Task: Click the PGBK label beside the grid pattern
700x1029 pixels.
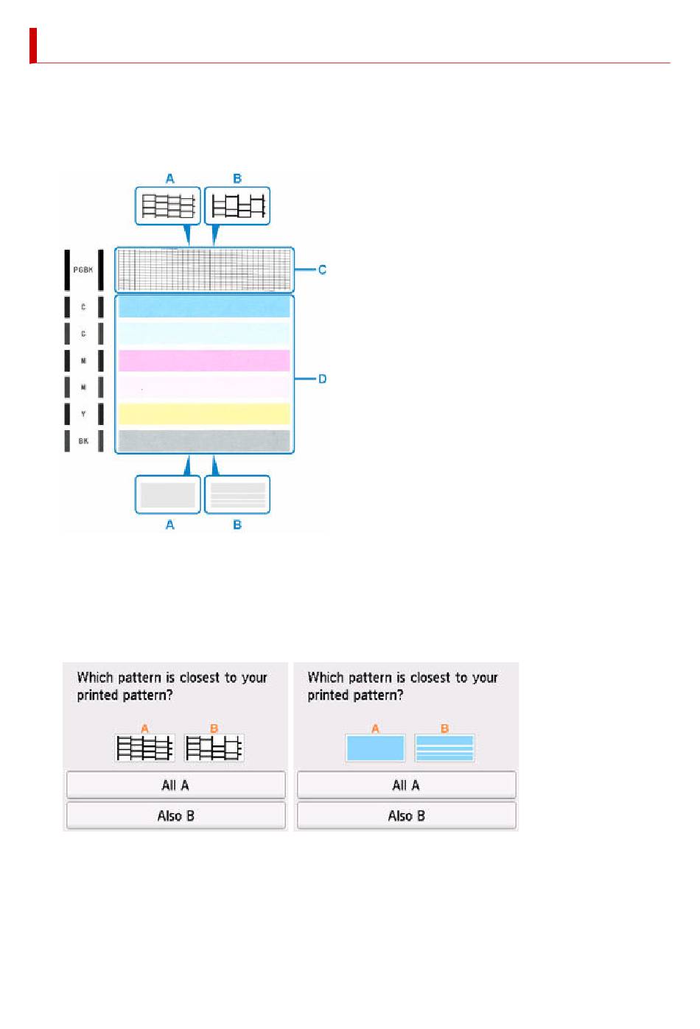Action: pyautogui.click(x=83, y=270)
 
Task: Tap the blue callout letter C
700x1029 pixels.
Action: pyautogui.click(x=322, y=270)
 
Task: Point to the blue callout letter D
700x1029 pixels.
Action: pyautogui.click(x=322, y=379)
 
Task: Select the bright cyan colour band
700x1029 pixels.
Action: pyautogui.click(x=204, y=307)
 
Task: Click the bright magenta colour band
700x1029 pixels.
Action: pyautogui.click(x=204, y=361)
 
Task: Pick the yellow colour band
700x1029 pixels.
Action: pyautogui.click(x=204, y=414)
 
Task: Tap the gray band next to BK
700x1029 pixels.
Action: pyautogui.click(x=204, y=440)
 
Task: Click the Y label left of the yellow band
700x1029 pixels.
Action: pyautogui.click(x=83, y=414)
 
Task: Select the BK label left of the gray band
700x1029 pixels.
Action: pyautogui.click(x=83, y=440)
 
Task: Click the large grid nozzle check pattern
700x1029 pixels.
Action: pyautogui.click(x=204, y=270)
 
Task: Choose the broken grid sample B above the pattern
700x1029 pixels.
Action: pyautogui.click(x=237, y=206)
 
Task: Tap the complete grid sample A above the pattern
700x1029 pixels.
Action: pyautogui.click(x=168, y=206)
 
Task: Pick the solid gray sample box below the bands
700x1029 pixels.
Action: pyautogui.click(x=168, y=494)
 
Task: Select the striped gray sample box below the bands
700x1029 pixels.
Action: pyautogui.click(x=237, y=494)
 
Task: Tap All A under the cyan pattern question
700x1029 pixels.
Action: pyautogui.click(x=406, y=785)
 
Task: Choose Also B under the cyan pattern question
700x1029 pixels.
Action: pyautogui.click(x=406, y=815)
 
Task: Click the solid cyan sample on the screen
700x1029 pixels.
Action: pyautogui.click(x=375, y=748)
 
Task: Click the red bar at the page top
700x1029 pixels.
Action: pyautogui.click(x=33, y=46)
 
